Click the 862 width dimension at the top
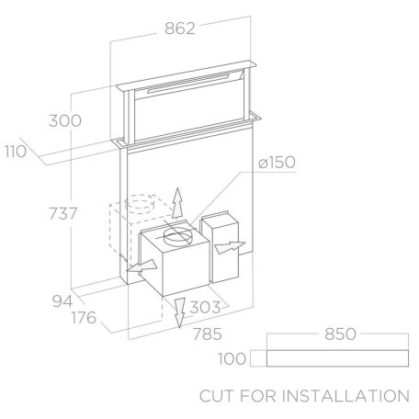tap(180, 28)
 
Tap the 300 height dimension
tap(65, 120)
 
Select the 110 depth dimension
tap(16, 152)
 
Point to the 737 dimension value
tap(63, 213)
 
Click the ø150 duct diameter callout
tap(277, 162)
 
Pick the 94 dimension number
tap(62, 301)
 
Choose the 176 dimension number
tap(84, 318)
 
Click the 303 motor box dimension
tap(205, 307)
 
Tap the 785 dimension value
tap(207, 334)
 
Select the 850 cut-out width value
tap(340, 334)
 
